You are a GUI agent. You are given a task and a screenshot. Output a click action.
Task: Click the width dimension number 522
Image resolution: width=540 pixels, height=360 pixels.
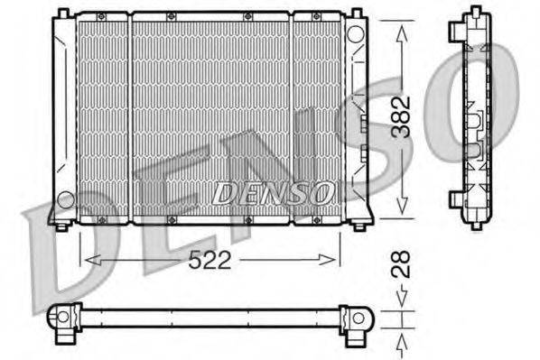point(211,261)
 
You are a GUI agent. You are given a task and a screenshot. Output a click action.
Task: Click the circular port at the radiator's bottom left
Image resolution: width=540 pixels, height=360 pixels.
point(65,198)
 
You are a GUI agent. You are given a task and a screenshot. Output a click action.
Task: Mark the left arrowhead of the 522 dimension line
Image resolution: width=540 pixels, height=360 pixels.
point(88,260)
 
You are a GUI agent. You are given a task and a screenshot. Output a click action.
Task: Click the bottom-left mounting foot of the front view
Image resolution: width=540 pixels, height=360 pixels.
point(61,224)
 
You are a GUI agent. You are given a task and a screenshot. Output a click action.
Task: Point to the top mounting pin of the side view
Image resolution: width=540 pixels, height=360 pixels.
point(473,11)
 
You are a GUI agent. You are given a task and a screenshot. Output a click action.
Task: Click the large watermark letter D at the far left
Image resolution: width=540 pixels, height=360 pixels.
point(54,257)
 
